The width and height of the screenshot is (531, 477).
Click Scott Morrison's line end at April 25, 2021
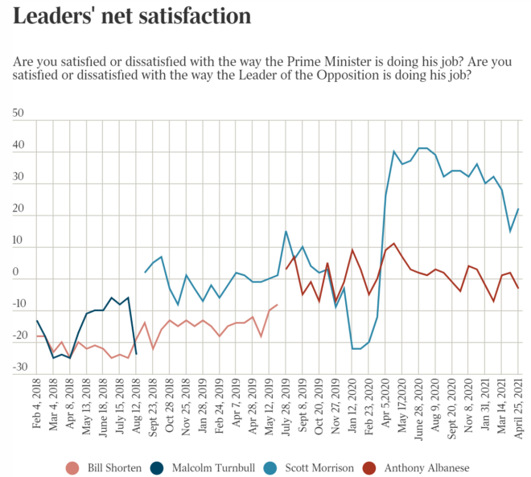click(518, 209)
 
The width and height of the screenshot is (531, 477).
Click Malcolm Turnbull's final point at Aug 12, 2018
click(136, 354)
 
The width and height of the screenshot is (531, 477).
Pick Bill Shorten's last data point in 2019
click(278, 305)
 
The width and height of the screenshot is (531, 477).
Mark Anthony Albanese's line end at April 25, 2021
click(518, 288)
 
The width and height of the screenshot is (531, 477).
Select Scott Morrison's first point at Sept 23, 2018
click(145, 272)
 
